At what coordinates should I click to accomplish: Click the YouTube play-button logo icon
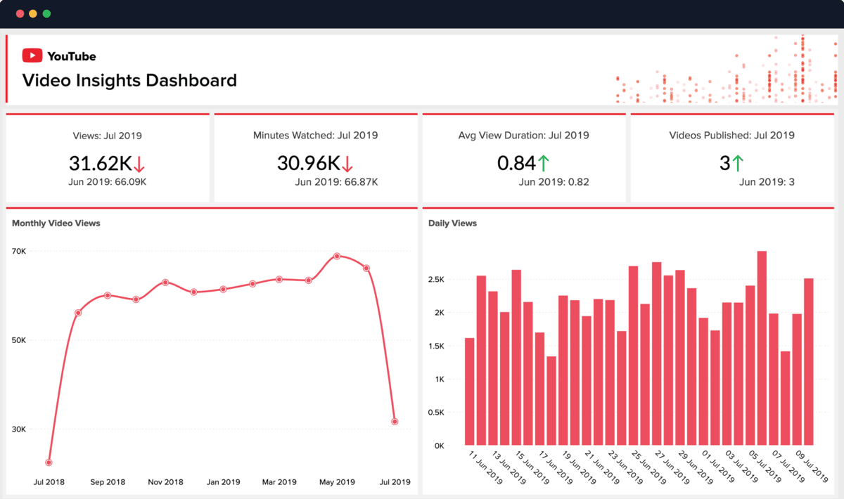[x=32, y=56]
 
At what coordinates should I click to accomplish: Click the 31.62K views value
[x=100, y=163]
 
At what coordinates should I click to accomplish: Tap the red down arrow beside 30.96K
[x=347, y=164]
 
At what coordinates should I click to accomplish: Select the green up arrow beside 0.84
[x=544, y=163]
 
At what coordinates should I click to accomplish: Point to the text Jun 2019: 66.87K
[x=336, y=182]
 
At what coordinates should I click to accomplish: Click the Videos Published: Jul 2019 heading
[x=731, y=135]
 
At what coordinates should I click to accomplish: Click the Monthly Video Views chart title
[x=56, y=223]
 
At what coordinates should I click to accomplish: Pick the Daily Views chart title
[x=452, y=223]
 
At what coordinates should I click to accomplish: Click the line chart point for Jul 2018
[x=49, y=462]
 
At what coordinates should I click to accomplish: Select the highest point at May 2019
[x=337, y=256]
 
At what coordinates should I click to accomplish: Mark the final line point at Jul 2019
[x=395, y=422]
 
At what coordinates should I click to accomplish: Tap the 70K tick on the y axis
[x=20, y=251]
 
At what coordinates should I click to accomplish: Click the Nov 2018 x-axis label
[x=165, y=482]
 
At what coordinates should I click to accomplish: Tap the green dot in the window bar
[x=46, y=13]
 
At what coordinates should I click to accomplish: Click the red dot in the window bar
[x=20, y=13]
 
